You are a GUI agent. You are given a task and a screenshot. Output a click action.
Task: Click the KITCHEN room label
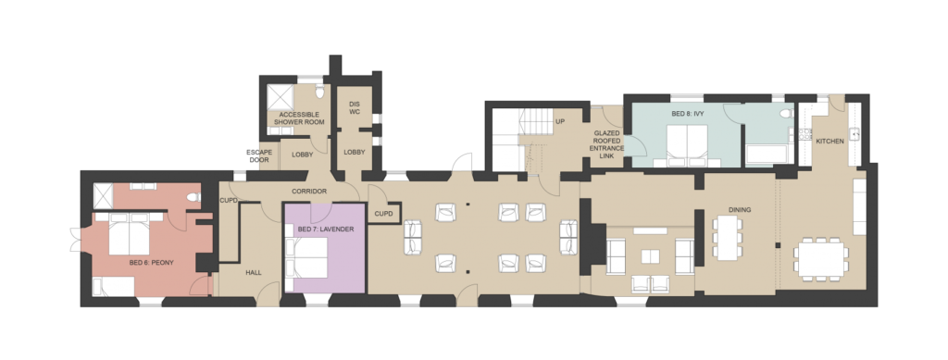click(x=829, y=142)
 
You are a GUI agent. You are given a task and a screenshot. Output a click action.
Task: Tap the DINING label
click(x=740, y=210)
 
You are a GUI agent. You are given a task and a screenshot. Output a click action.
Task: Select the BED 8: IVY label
click(x=688, y=114)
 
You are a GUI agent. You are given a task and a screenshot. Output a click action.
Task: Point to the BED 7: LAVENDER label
click(x=326, y=230)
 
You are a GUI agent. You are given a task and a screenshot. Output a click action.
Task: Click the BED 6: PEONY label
click(x=151, y=263)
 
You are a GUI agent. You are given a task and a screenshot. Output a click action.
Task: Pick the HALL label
click(x=254, y=272)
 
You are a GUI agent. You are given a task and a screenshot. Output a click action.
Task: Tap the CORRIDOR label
click(x=309, y=192)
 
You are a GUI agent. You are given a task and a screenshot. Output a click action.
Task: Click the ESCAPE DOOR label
click(x=259, y=155)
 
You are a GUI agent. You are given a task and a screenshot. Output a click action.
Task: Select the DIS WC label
click(x=355, y=107)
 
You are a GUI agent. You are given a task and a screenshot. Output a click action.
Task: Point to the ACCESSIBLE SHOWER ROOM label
click(x=299, y=118)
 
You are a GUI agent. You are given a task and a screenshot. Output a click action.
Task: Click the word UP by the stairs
click(x=560, y=121)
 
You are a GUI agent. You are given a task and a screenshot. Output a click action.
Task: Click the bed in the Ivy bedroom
click(x=688, y=145)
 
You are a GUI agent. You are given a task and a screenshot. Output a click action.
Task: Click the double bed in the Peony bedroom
click(x=129, y=233)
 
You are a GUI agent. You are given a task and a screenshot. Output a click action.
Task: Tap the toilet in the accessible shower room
click(x=319, y=91)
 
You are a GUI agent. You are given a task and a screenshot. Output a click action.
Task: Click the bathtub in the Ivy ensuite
click(x=767, y=154)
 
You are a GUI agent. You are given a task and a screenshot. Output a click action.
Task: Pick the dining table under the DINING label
click(x=728, y=238)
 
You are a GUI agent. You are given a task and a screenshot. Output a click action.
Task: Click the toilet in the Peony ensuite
click(x=193, y=197)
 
